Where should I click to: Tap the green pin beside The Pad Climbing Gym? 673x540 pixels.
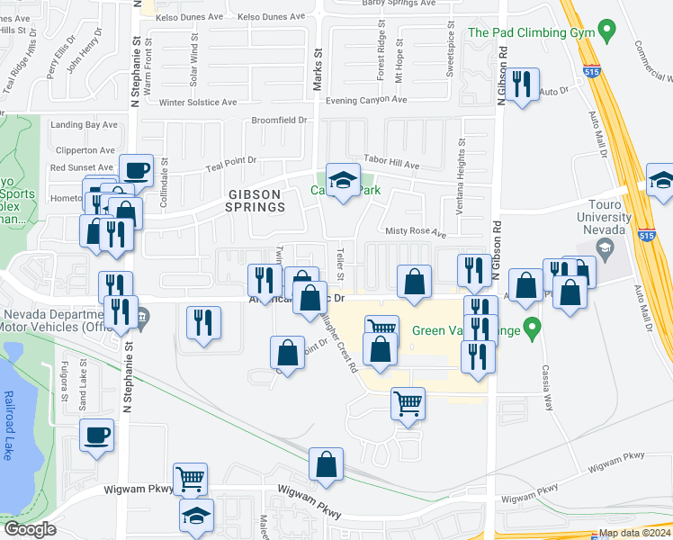click(x=609, y=32)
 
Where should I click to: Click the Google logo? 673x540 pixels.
click(x=29, y=529)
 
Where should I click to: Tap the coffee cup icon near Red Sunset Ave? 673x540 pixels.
click(x=136, y=169)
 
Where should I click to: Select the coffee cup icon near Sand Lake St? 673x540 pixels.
click(x=96, y=435)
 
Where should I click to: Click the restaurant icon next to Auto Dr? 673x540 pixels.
click(x=522, y=85)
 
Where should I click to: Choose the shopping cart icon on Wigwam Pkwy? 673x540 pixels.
click(x=190, y=479)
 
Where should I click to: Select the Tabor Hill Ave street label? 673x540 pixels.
click(x=391, y=164)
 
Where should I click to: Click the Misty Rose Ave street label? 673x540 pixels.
click(x=416, y=232)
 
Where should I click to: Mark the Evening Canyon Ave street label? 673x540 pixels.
click(x=367, y=101)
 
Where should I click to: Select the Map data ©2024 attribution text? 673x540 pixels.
click(x=634, y=533)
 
